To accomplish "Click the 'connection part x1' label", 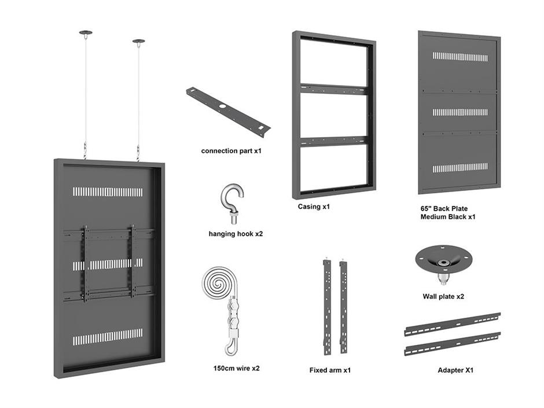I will pos(231,150).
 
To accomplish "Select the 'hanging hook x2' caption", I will pos(236,234).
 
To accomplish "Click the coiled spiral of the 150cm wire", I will pos(219,284).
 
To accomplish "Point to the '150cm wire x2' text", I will pos(236,368).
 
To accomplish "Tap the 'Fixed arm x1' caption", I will pos(330,370).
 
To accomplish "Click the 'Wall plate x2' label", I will pos(443,296).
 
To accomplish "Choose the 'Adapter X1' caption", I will pos(455,370).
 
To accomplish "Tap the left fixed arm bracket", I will pos(327,306).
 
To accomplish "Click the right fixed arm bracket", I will pos(343,306).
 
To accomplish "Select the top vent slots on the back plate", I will pos(461,57).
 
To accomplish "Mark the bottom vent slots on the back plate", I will pos(461,168).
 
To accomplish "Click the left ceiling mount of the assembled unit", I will pos(86,33).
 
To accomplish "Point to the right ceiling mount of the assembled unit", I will pos(138,42).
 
